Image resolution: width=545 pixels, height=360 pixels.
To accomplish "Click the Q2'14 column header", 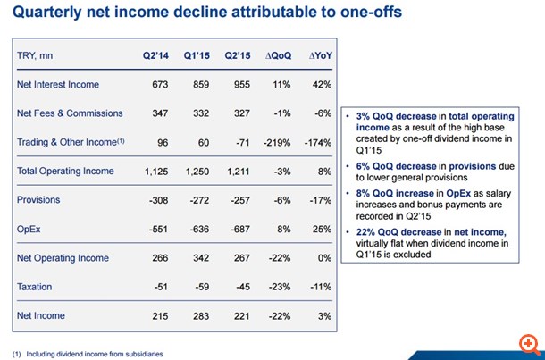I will coord(157,55).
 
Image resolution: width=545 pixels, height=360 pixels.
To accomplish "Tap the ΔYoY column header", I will coord(320,55).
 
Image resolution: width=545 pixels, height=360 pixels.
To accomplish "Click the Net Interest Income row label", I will coord(58,85).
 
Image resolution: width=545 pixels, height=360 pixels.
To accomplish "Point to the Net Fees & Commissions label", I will coord(67,113).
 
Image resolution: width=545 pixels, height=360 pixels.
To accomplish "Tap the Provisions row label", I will coord(38,200).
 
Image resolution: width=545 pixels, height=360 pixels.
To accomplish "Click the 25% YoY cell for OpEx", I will coord(322,229).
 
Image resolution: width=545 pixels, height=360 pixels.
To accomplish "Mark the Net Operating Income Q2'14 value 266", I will coord(160,258).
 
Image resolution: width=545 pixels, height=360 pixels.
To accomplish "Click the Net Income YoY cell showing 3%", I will coord(324,316).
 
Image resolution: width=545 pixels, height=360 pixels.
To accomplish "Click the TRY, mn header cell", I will coord(36,55).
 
